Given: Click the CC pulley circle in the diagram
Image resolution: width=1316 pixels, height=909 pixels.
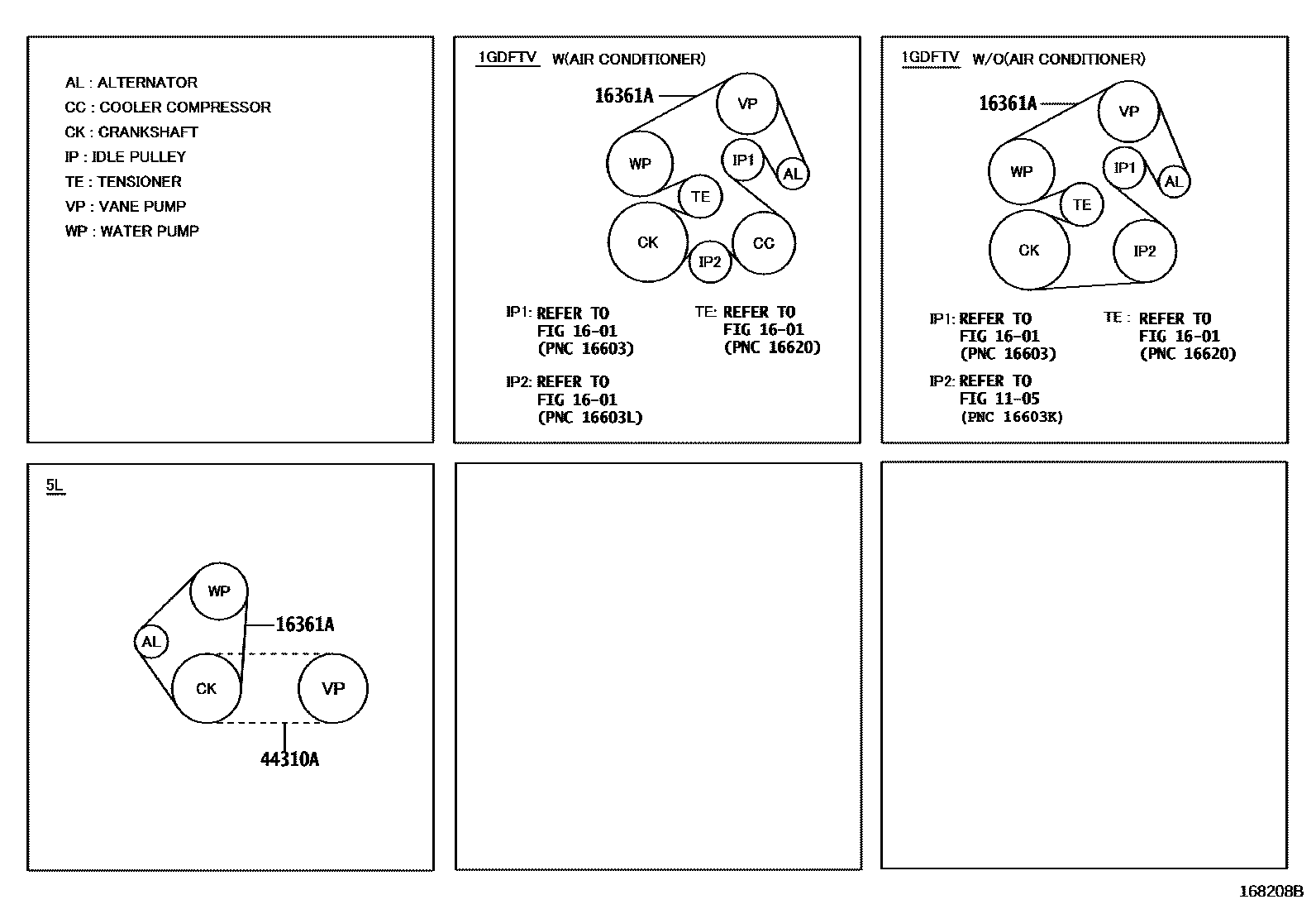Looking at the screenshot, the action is [x=764, y=243].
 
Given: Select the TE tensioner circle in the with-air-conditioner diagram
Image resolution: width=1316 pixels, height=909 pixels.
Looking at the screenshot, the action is [x=700, y=197].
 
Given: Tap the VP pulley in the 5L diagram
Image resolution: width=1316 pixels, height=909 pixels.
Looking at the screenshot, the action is [x=333, y=688].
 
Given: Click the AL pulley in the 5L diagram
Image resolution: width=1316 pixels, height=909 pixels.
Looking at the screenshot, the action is [x=150, y=642].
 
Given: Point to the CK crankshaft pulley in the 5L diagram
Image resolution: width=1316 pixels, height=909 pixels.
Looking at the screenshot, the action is [x=207, y=688].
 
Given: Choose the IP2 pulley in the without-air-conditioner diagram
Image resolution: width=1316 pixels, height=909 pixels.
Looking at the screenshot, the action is [x=1144, y=251].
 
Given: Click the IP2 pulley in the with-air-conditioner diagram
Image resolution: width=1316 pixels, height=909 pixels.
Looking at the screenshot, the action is [x=709, y=262].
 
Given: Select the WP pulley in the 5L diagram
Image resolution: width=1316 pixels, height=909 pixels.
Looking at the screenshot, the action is [x=219, y=591].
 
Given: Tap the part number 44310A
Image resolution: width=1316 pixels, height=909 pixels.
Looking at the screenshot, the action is [x=289, y=759].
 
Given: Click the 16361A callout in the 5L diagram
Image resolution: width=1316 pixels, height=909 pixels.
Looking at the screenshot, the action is [x=305, y=624].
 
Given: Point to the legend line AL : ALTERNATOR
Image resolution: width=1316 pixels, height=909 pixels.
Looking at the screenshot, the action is [x=131, y=83].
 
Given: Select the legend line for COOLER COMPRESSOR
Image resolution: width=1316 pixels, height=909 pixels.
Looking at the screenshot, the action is [x=168, y=108].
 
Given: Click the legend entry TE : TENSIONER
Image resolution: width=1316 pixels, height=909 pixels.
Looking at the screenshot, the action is [x=123, y=182].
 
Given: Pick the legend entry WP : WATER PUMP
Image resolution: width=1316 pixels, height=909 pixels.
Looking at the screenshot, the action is [x=132, y=232].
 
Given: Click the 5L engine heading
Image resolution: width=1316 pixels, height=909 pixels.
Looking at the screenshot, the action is [x=55, y=486].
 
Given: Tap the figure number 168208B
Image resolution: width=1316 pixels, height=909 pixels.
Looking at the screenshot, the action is [x=1271, y=892].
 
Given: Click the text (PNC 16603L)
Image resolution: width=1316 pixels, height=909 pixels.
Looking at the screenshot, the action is [x=590, y=418].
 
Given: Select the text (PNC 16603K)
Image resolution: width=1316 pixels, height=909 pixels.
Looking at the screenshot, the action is [x=1012, y=417].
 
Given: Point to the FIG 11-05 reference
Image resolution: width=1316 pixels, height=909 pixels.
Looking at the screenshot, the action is [x=999, y=399].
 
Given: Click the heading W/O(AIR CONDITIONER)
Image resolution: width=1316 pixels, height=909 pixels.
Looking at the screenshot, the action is [x=1059, y=59].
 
